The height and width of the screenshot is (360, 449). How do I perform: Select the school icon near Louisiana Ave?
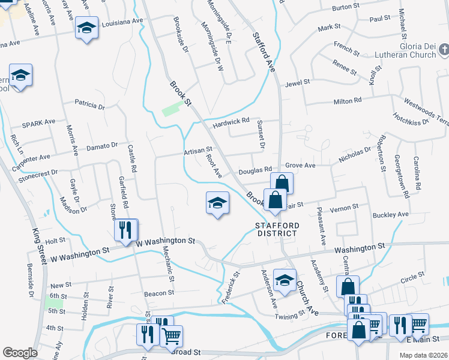(87, 28)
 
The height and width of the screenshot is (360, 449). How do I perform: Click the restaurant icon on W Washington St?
(126, 230)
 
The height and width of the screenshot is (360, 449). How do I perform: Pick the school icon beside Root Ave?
(218, 203)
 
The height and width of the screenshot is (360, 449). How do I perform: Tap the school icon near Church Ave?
(285, 280)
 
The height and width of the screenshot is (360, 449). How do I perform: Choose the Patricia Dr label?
(89, 105)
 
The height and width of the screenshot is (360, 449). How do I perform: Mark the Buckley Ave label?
(390, 214)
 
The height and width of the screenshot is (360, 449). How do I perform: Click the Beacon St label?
(158, 293)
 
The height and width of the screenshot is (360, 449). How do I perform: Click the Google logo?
(20, 352)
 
